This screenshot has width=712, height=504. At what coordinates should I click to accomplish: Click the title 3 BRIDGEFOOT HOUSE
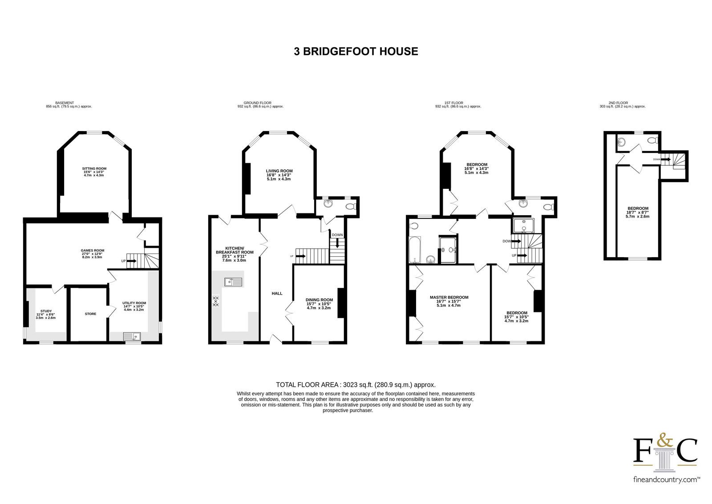pos(356,51)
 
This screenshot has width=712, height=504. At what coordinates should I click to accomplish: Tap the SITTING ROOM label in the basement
pos(94,168)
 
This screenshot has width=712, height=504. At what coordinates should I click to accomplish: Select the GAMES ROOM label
pos(93,250)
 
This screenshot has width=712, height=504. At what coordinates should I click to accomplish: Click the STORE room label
pos(91,314)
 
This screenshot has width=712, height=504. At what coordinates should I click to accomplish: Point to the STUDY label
pos(46,311)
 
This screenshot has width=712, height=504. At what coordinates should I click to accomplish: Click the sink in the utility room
pos(132,336)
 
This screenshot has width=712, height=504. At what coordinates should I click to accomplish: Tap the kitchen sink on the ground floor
pos(233,282)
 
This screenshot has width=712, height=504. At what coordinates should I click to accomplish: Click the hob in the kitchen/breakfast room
pos(216,300)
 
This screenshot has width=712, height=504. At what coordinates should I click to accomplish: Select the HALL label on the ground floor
pos(277,293)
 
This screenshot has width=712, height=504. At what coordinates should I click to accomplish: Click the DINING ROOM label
pos(319,299)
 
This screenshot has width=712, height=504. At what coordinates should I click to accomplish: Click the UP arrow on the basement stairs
pos(131,261)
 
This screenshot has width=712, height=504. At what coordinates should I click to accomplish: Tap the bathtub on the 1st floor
pos(415,250)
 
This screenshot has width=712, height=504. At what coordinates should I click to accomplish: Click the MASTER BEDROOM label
pos(449,297)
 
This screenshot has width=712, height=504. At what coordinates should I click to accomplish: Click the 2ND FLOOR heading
pos(618,103)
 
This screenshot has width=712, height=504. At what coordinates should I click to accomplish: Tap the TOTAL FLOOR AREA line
pos(356,385)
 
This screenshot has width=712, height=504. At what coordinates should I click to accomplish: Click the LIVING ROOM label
pos(279,171)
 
